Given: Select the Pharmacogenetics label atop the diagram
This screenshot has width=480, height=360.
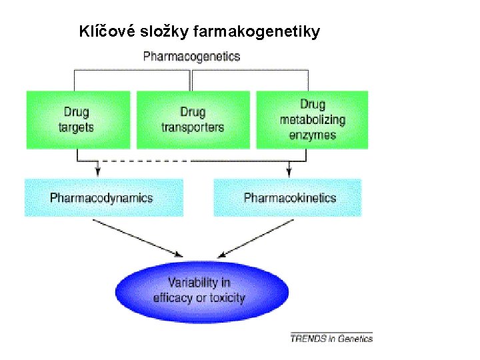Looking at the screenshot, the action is click(x=191, y=57).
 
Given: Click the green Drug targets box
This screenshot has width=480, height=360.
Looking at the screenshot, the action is click(x=77, y=120).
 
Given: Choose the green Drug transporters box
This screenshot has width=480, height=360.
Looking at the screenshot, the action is click(x=193, y=120).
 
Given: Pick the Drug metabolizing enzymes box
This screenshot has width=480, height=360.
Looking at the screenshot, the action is click(x=312, y=120).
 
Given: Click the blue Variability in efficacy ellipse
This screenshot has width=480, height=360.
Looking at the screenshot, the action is click(x=201, y=291).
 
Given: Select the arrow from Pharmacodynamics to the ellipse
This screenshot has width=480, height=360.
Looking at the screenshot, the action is click(x=137, y=238).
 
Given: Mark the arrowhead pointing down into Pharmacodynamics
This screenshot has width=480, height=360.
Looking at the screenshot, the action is click(x=98, y=172).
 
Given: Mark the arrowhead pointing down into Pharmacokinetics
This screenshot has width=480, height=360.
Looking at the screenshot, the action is click(x=289, y=172).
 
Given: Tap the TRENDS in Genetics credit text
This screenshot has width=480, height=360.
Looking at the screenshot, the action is click(x=331, y=338).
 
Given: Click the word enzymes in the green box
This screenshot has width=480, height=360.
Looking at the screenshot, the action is click(x=312, y=135).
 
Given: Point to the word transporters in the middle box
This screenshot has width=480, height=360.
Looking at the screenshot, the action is click(x=193, y=127).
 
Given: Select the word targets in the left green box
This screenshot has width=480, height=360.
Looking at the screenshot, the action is click(x=77, y=127).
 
